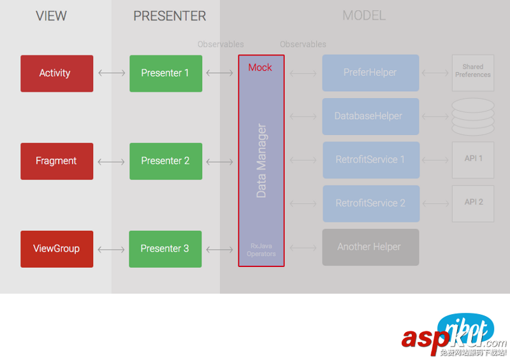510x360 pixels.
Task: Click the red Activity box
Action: [x=57, y=73]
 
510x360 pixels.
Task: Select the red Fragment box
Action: [x=57, y=161]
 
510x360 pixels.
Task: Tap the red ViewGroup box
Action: [x=57, y=248]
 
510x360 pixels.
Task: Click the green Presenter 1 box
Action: [x=166, y=73]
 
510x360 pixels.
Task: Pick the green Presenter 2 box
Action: [x=166, y=161]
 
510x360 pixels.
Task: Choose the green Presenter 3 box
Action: [x=166, y=248]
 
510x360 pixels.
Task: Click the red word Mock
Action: [x=260, y=68]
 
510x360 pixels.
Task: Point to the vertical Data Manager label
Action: [x=261, y=161]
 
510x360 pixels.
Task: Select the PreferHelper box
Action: [x=370, y=73]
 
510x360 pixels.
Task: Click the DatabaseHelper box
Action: [x=370, y=116]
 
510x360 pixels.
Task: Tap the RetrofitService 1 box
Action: [x=370, y=159]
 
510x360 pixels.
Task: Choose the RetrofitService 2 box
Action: [x=370, y=203]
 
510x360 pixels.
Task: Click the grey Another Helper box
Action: [x=370, y=247]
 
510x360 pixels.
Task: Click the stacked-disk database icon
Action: [x=473, y=116]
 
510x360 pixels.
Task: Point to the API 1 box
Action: [x=473, y=159]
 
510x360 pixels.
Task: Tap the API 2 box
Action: [x=473, y=203]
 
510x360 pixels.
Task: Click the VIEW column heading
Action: [x=51, y=16]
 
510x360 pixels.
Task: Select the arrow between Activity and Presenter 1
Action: [x=112, y=73]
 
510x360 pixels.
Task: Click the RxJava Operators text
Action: [x=261, y=249]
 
